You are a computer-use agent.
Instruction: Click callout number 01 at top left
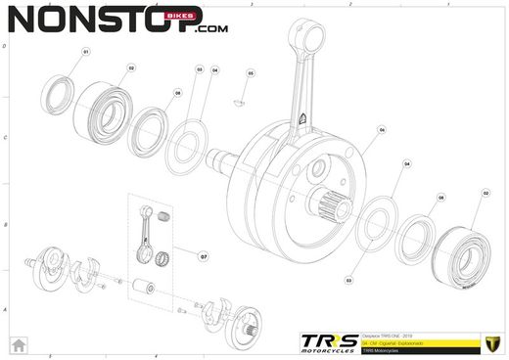(85, 51)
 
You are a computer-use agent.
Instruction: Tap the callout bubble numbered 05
(251, 73)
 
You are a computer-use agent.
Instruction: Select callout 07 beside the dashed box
(204, 257)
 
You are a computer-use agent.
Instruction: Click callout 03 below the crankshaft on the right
(348, 279)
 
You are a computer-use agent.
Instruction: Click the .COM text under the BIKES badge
(211, 30)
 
